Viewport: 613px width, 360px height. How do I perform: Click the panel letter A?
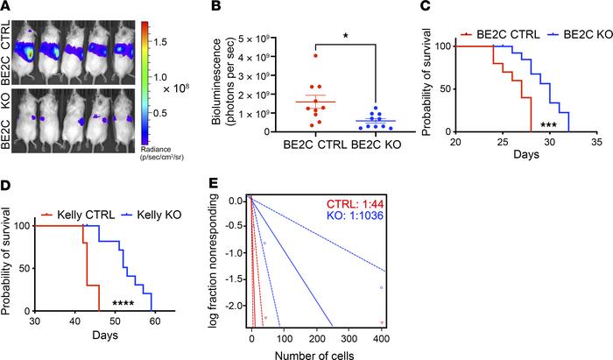pos(7,8)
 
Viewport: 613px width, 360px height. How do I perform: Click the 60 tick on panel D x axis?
pos(155,328)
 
